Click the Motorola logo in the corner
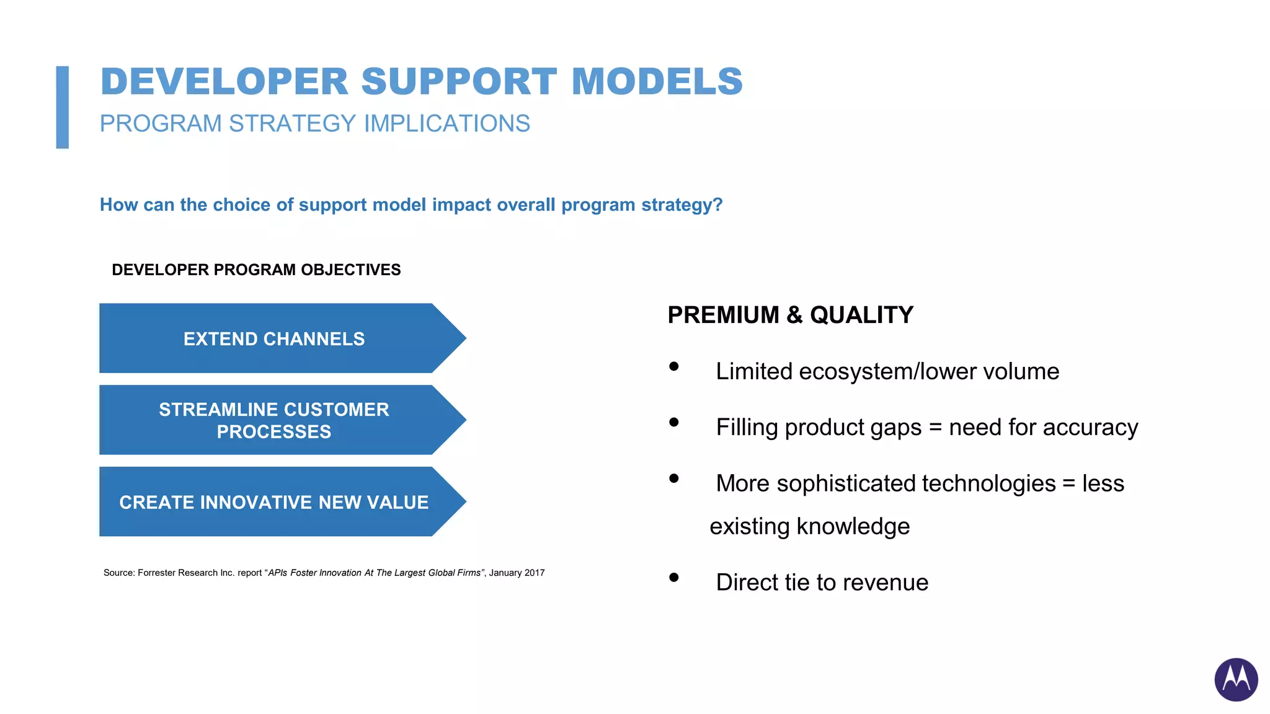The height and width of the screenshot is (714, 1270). (1235, 679)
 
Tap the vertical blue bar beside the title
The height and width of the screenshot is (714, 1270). (62, 107)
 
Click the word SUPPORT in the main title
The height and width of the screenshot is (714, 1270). (459, 82)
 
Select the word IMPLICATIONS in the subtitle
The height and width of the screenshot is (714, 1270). (446, 123)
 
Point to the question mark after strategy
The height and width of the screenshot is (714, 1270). (718, 205)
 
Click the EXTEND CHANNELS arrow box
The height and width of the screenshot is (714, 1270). (274, 338)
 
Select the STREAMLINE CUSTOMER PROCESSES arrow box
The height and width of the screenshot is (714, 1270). (274, 420)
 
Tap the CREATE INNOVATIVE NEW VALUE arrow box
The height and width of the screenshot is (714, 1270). (274, 502)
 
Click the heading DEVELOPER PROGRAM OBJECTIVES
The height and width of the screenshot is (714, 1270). (256, 270)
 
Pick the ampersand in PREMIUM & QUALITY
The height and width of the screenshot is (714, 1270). (794, 315)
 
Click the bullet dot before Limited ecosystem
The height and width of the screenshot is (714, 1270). (674, 366)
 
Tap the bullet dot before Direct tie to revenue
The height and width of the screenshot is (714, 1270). (674, 578)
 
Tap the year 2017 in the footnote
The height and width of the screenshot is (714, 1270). (534, 573)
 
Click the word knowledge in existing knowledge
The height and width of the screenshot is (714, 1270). (853, 527)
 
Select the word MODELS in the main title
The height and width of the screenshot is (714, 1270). (657, 82)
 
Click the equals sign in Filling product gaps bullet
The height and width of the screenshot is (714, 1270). (935, 428)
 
